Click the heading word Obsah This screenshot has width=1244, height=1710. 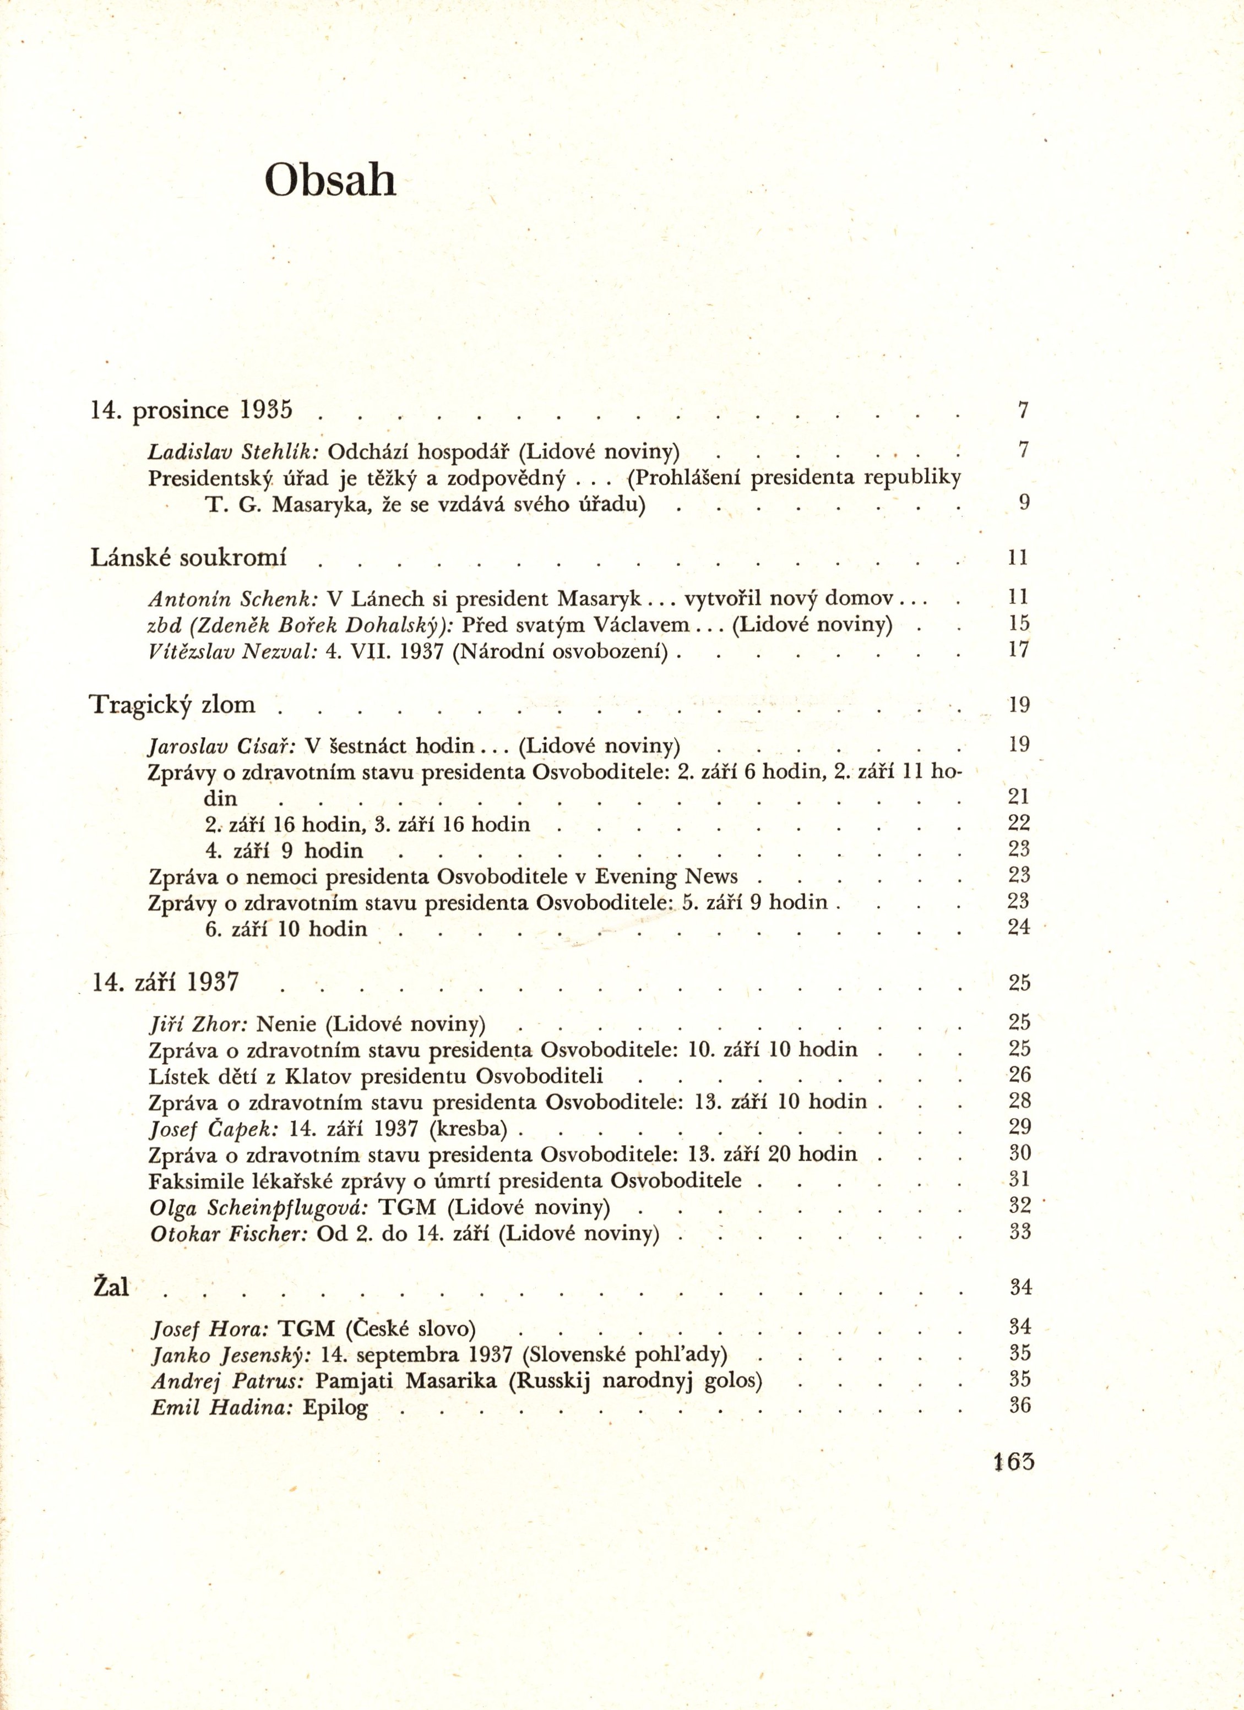[330, 181]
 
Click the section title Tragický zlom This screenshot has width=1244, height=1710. [173, 705]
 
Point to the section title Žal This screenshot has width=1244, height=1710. [111, 1287]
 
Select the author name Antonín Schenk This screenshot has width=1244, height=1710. [233, 598]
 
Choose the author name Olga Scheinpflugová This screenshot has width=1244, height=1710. [259, 1208]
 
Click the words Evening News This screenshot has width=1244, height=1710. [666, 876]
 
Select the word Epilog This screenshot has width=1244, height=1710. [335, 1408]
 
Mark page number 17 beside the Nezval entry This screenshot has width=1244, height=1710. [1019, 650]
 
